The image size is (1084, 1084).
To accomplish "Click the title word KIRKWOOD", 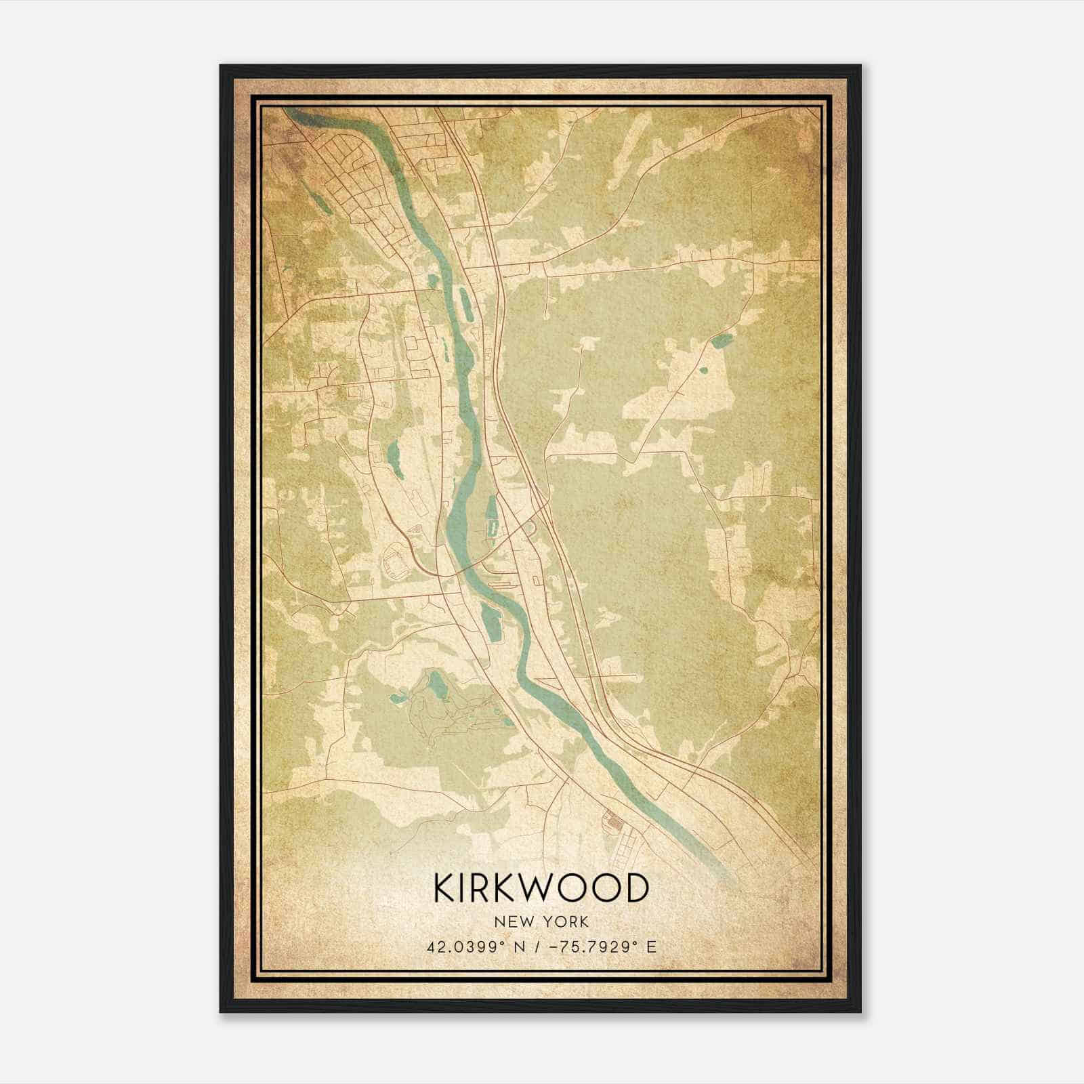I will tap(541, 888).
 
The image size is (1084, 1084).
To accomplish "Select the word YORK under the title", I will tap(568, 922).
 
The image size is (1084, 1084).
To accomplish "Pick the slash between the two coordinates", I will tap(535, 947).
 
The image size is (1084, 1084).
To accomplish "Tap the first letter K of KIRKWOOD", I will tap(444, 888).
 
